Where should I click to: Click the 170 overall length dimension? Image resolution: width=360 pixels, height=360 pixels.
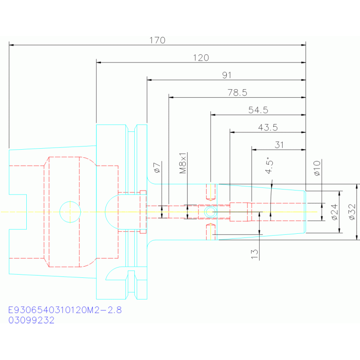tap(157, 40)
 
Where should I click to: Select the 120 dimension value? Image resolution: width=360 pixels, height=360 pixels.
tap(201, 58)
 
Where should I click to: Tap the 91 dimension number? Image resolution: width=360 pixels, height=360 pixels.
tap(227, 75)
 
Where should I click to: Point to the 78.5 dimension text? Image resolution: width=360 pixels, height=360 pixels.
tap(237, 92)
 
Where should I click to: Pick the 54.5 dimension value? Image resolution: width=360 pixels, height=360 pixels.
tap(258, 110)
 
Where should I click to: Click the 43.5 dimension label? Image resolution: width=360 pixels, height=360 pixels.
tap(268, 127)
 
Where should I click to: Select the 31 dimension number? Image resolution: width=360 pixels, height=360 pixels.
tap(279, 145)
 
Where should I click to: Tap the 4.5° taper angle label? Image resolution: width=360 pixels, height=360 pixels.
tap(269, 166)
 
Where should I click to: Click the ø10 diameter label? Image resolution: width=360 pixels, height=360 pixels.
tap(317, 169)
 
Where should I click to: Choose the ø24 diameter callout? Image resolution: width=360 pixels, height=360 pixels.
tap(335, 212)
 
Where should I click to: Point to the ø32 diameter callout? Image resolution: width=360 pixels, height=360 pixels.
tap(352, 212)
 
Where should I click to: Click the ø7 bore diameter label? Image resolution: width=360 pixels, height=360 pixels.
tap(157, 168)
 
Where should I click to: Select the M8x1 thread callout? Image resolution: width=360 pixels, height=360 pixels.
tap(183, 163)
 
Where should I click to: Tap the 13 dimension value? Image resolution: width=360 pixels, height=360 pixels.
tap(254, 254)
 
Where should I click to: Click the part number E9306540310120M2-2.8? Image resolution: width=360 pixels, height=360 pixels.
tap(65, 310)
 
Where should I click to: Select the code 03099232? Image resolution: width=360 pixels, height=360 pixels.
tap(31, 320)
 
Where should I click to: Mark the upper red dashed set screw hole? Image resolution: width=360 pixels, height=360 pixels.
tap(210, 192)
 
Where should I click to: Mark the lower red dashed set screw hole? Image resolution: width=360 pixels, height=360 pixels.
tap(210, 232)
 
